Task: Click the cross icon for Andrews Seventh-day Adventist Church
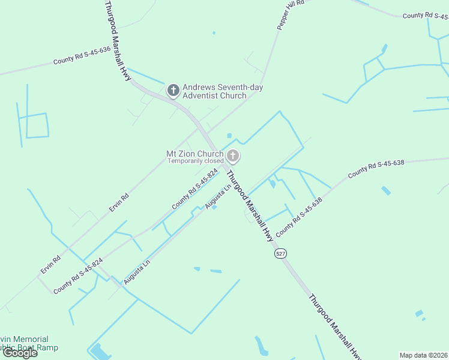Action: click(173, 91)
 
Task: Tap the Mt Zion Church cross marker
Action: click(233, 157)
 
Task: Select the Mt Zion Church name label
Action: click(194, 154)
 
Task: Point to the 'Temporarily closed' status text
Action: click(195, 161)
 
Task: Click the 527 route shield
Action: click(280, 254)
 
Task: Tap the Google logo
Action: click(20, 353)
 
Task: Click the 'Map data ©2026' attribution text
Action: click(423, 355)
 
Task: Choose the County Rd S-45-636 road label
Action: click(82, 55)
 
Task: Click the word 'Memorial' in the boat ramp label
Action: click(32, 340)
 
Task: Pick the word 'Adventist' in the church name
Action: click(201, 96)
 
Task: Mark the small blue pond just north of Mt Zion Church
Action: click(229, 135)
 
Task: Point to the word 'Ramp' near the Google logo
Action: click(48, 348)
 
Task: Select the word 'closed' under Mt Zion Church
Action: click(214, 161)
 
